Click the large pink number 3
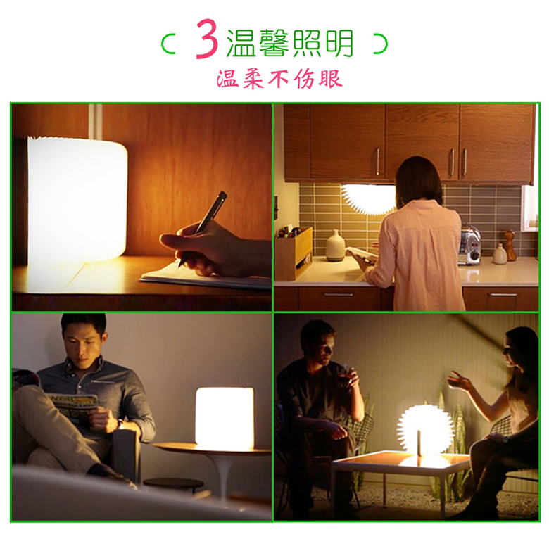(x=207, y=39)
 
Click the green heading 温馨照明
(x=290, y=43)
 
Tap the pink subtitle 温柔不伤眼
(x=279, y=79)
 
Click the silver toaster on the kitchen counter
(x=469, y=245)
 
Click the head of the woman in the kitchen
(x=418, y=180)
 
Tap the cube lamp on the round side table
(x=225, y=417)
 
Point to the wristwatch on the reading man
(x=120, y=424)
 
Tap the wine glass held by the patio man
(x=344, y=376)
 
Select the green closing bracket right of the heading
(x=381, y=44)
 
